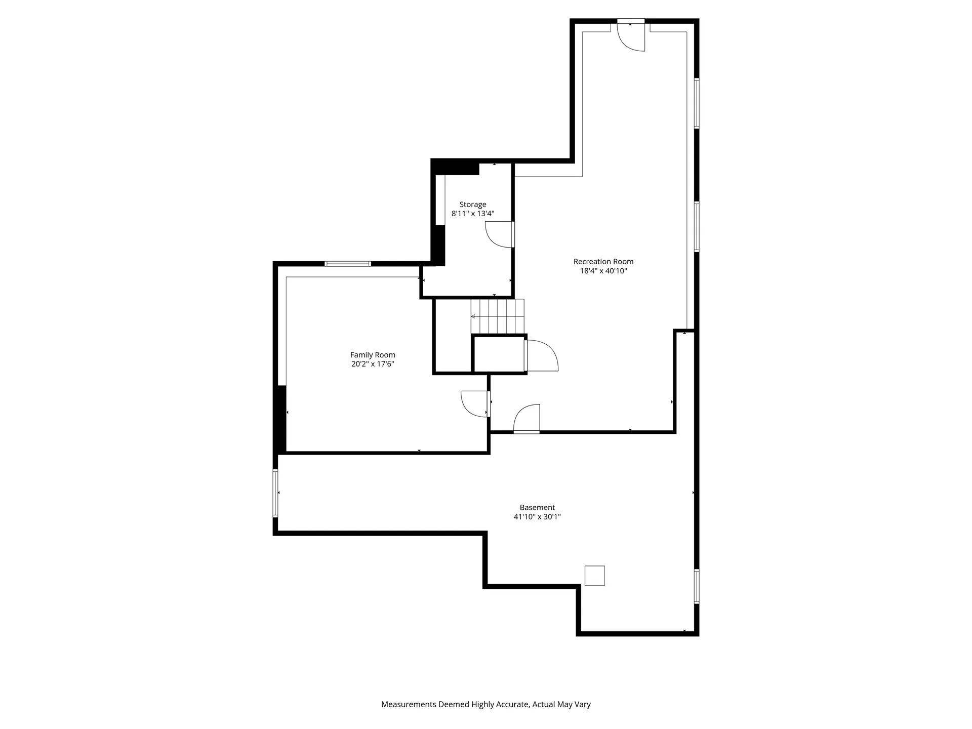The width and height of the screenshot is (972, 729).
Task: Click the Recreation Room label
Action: (x=603, y=262)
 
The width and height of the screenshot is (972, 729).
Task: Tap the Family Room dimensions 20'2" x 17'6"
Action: (x=373, y=364)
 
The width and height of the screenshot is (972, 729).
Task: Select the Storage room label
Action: (x=472, y=205)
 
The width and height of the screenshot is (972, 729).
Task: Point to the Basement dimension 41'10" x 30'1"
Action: (x=537, y=517)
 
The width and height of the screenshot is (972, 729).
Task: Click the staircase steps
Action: (x=497, y=316)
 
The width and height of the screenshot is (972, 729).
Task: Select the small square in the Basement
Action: (x=594, y=576)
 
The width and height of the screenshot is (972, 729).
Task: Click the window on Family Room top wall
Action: (x=348, y=264)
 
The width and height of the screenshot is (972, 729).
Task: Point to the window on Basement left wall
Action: (x=276, y=493)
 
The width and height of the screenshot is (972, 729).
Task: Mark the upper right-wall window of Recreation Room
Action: (x=697, y=103)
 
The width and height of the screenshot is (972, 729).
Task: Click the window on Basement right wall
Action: (x=697, y=586)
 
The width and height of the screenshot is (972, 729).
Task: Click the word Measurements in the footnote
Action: (x=408, y=704)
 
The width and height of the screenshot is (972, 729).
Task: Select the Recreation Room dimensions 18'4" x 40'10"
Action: (x=603, y=271)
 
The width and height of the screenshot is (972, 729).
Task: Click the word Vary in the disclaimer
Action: (x=582, y=704)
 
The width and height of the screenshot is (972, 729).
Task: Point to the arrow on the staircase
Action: (x=474, y=316)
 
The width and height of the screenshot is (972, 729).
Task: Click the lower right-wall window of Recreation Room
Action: (x=697, y=227)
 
